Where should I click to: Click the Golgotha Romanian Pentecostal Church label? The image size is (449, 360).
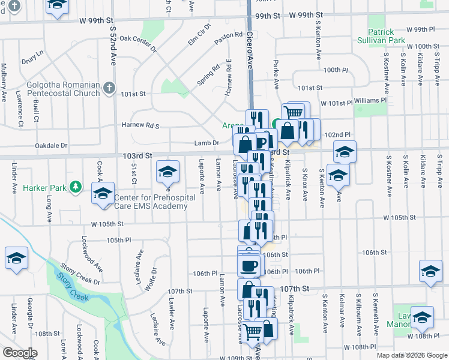click(x=62, y=89)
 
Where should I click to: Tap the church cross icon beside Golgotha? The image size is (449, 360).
click(x=109, y=89)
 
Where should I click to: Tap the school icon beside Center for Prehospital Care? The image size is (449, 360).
click(x=103, y=194)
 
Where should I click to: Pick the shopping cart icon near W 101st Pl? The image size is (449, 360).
click(x=294, y=112)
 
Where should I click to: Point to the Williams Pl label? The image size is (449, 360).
click(x=370, y=100)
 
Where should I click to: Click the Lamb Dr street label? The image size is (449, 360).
click(x=204, y=143)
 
